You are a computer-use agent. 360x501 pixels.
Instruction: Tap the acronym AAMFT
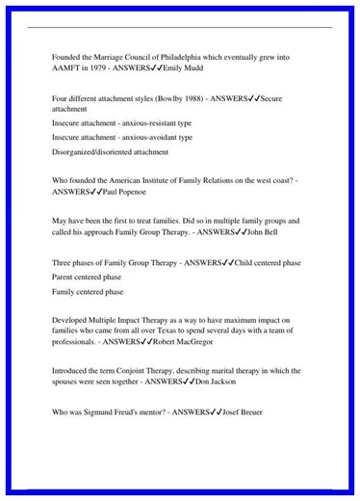click(67, 69)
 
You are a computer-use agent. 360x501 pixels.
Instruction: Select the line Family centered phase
click(88, 291)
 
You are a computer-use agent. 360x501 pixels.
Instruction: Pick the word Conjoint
click(132, 371)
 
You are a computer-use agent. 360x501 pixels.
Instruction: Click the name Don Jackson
click(216, 382)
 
